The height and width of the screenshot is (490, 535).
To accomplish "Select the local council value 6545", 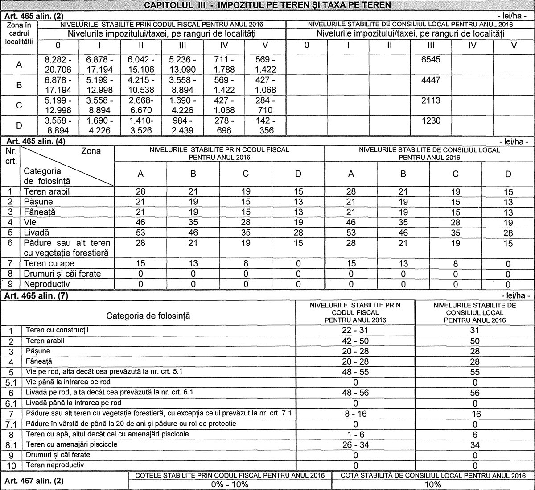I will click(431, 59).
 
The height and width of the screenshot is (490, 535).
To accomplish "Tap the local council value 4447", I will click(431, 80).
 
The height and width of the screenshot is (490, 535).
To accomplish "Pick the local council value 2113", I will click(431, 100).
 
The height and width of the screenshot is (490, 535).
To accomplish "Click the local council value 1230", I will click(431, 120).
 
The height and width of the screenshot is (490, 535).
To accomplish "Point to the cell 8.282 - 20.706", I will click(58, 64).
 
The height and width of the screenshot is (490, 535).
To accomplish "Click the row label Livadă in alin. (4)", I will click(36, 233).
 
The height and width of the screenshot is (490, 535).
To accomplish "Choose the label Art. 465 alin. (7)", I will click(36, 295).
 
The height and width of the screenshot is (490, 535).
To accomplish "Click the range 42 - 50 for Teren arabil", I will click(355, 341).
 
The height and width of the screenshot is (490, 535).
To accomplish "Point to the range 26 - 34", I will click(355, 445).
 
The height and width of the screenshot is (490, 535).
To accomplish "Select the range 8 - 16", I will click(355, 414).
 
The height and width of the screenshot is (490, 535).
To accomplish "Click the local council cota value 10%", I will click(432, 485).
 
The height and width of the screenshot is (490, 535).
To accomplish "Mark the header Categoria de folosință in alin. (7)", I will click(148, 316).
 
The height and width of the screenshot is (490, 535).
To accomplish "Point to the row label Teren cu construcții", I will click(58, 330).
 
